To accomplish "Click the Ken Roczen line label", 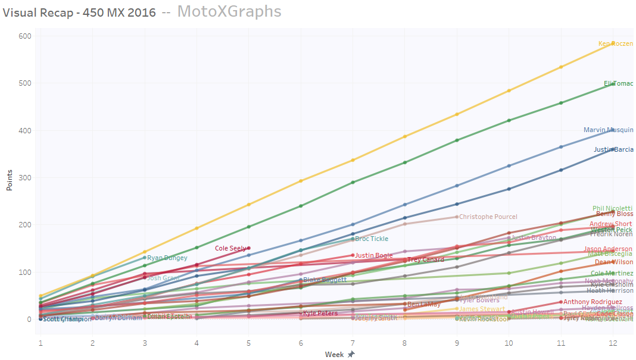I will click(615, 43).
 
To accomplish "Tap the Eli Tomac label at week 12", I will click(618, 84).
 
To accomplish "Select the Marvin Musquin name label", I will click(608, 130).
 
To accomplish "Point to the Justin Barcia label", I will click(613, 149).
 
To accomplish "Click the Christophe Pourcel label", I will click(488, 217).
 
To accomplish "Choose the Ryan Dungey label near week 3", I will click(167, 258).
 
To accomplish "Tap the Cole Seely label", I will click(230, 248).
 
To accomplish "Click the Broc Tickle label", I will click(372, 239).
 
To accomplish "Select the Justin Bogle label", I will click(374, 256).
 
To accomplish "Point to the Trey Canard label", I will click(425, 260).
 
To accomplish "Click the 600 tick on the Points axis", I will click(24, 36).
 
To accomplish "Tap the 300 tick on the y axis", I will click(24, 178).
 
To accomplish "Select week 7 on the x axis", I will click(353, 343).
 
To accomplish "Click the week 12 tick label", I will click(612, 343).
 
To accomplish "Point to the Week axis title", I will click(333, 354).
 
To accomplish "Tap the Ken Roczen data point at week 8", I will click(405, 136).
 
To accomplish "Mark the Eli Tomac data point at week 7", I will click(353, 182).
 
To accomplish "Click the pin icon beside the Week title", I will click(351, 354).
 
